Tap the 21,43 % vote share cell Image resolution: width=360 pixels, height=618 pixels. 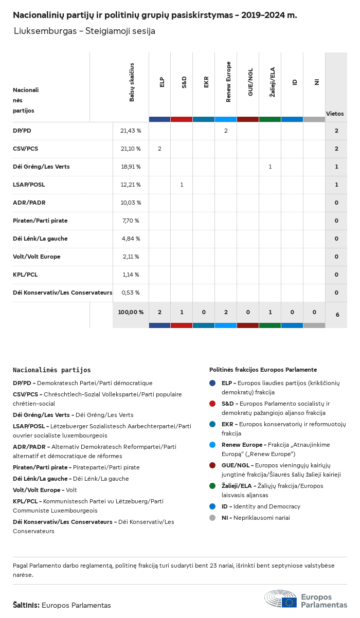[x=131, y=131]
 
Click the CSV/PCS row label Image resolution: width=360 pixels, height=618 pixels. [x=25, y=149]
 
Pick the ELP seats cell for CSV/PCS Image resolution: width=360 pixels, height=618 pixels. [x=159, y=149]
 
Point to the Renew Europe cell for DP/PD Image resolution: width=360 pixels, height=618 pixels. [x=226, y=131]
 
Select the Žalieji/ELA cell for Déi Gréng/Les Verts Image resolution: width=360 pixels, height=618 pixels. [x=270, y=167]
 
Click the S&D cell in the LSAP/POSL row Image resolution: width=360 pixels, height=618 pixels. [x=182, y=185]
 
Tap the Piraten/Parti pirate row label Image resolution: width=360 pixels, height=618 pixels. [x=40, y=221]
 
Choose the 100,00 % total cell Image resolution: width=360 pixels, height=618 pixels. [x=131, y=312]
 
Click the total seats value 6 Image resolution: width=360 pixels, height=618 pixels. [x=337, y=314]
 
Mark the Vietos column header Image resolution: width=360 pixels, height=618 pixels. [x=335, y=114]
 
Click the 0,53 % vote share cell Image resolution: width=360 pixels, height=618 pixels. [x=131, y=293]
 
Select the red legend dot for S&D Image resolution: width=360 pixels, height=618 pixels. [x=213, y=404]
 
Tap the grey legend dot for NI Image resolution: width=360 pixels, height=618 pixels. [x=213, y=518]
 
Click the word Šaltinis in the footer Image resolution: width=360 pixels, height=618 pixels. [x=26, y=605]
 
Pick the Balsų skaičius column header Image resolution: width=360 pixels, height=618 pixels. [x=132, y=82]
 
